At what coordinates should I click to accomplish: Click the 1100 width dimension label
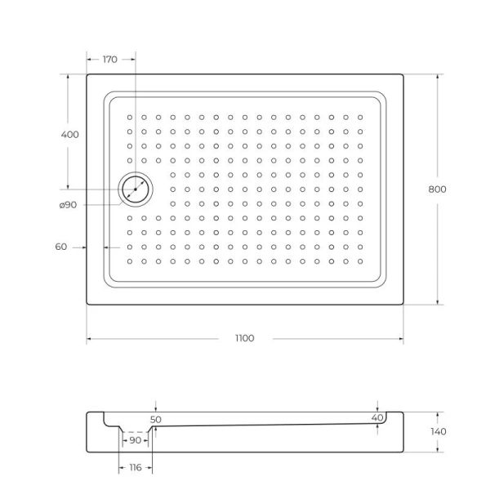[244, 338]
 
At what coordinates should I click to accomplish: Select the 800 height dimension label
[437, 189]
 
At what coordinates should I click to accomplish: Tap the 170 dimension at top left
[110, 59]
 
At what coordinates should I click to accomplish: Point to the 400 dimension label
[69, 135]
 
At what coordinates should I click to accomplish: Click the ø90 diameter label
[68, 205]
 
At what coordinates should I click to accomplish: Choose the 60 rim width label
[61, 247]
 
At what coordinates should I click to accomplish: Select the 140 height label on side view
[439, 431]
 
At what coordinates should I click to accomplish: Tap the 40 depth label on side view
[376, 418]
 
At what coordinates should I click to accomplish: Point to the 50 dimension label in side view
[155, 420]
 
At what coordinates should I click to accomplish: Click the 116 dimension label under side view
[135, 467]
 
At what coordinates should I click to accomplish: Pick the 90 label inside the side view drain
[135, 440]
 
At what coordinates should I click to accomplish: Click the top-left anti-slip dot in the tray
[129, 117]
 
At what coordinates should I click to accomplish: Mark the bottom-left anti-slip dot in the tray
[129, 261]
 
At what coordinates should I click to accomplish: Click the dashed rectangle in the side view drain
[135, 439]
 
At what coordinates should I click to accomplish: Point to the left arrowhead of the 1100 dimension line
[89, 338]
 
